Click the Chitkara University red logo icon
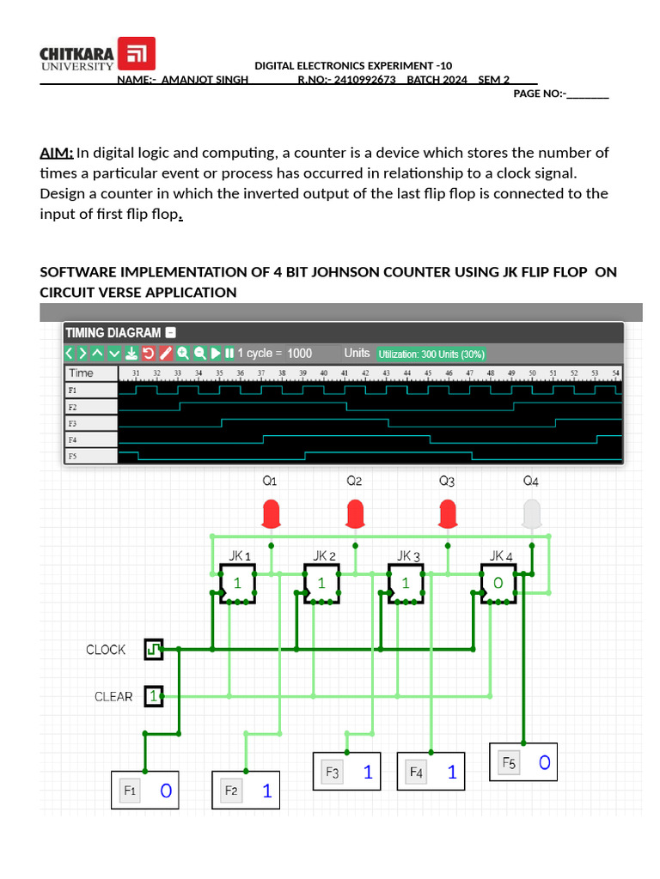(136, 54)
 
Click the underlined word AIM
(56, 154)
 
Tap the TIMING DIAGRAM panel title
(113, 332)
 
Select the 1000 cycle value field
(300, 353)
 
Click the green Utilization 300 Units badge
(431, 354)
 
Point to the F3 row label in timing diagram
(72, 423)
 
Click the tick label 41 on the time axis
(344, 373)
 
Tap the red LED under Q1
(272, 514)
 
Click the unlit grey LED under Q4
(531, 513)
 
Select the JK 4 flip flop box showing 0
(498, 583)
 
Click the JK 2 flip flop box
(321, 583)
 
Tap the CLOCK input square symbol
(153, 650)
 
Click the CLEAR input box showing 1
(153, 696)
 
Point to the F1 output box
(145, 791)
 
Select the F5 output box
(523, 762)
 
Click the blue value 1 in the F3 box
(368, 773)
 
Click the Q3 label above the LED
(446, 482)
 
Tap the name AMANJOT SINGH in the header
(205, 80)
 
